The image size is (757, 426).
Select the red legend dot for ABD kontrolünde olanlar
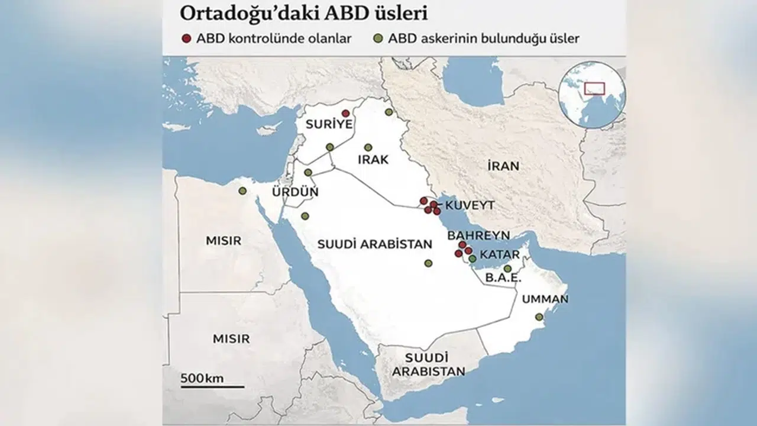click(186, 39)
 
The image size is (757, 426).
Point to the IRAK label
click(373, 160)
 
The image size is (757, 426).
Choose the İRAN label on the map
click(503, 166)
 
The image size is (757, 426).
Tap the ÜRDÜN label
click(295, 192)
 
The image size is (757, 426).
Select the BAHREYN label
click(478, 235)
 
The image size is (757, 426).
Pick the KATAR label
click(500, 255)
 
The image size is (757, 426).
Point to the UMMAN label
click(544, 299)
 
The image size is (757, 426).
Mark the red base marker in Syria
click(345, 113)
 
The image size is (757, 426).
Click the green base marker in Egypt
click(242, 191)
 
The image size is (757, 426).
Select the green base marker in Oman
click(539, 317)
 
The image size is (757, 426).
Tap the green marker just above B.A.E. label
click(507, 269)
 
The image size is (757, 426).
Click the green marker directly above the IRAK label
click(368, 147)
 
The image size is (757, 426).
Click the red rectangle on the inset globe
click(594, 88)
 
